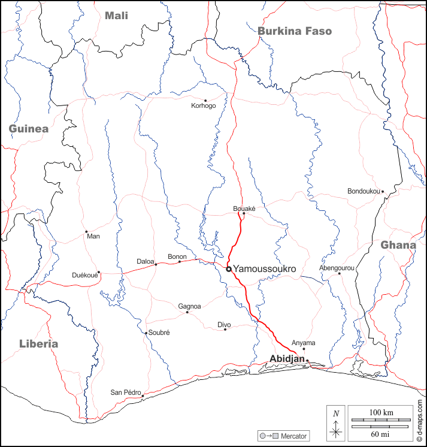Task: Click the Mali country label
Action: pos(116,16)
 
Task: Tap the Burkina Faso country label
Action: pos(294,31)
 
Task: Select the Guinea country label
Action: pos(28,129)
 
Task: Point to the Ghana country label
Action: pos(398,245)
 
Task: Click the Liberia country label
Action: pos(38,344)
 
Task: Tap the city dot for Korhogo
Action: pos(205,101)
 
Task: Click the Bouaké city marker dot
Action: pos(244,213)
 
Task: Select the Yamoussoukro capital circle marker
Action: pos(229,269)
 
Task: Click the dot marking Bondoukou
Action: pos(383,192)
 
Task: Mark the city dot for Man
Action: pos(86,231)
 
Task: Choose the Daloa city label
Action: pos(146,262)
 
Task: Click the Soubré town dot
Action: pos(146,333)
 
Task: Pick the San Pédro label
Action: pos(125,393)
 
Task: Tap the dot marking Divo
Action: pos(225,330)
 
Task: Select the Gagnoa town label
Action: pos(189,306)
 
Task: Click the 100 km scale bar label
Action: pos(380,413)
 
